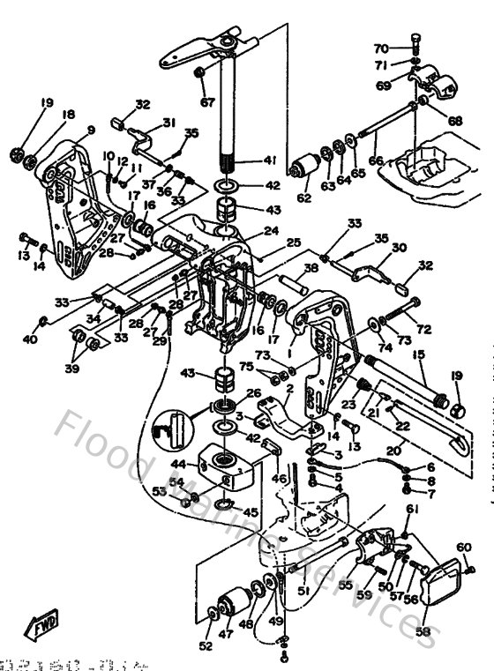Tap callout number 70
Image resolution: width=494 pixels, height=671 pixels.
(x=381, y=48)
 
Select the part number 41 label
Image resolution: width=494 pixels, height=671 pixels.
(x=271, y=160)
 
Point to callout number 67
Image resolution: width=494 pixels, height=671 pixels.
(x=207, y=102)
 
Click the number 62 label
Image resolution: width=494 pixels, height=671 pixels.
(x=303, y=199)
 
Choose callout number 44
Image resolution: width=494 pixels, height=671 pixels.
(x=178, y=462)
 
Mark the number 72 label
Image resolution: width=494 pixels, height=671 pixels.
(x=424, y=330)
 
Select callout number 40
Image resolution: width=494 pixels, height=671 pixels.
(x=30, y=339)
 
